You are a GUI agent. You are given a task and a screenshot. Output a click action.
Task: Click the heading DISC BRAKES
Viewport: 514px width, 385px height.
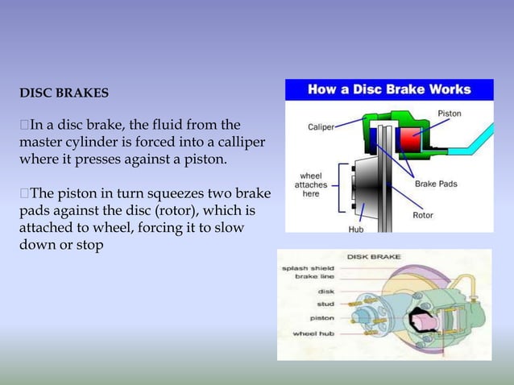64,93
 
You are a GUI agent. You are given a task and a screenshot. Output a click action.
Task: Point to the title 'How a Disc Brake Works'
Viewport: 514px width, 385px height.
388,89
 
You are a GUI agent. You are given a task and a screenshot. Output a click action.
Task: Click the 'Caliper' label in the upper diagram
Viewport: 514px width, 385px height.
321,126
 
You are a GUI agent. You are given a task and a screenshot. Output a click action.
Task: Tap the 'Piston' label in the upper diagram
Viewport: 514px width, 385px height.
449,114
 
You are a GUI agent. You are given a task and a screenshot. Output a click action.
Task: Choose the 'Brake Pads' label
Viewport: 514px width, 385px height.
436,184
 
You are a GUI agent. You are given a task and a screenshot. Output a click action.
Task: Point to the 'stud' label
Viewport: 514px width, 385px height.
325,304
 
